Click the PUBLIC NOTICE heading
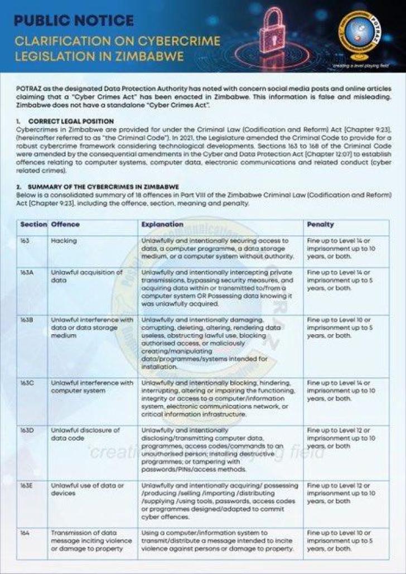[x=74, y=21]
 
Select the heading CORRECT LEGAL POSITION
[x=71, y=121]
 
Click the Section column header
[x=33, y=224]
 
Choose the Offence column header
[x=65, y=224]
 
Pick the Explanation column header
[x=161, y=224]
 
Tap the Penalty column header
[x=321, y=224]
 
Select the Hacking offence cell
[x=64, y=240]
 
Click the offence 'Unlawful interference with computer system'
[x=92, y=387]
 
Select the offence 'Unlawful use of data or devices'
[x=86, y=489]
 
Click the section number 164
[x=26, y=533]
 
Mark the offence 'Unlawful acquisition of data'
[x=86, y=276]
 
